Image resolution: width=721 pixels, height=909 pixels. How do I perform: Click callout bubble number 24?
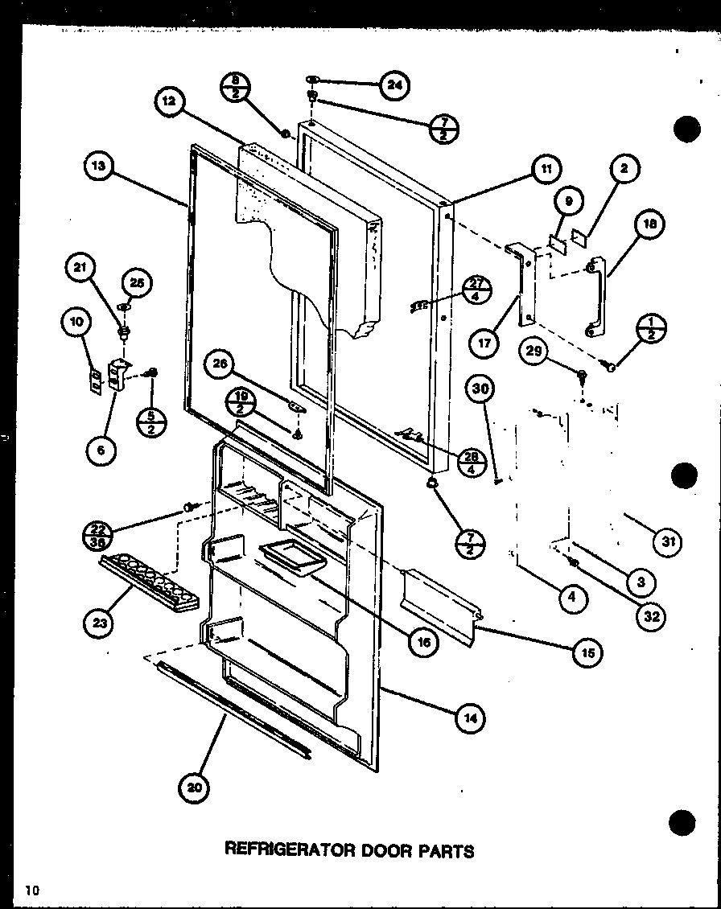394,85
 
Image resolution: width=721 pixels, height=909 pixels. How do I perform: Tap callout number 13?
98,168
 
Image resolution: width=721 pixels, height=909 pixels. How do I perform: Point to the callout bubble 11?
546,169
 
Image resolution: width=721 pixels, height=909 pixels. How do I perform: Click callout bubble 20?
193,788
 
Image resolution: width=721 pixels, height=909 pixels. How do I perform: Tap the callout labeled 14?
471,720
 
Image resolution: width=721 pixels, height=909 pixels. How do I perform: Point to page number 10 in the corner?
31,890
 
